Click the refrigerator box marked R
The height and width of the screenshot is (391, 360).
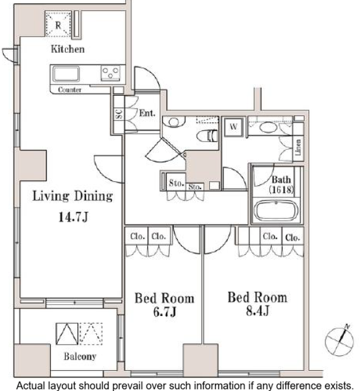tap(58, 24)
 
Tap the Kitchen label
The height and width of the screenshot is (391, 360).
tap(68, 49)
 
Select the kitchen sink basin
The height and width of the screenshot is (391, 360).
tap(66, 74)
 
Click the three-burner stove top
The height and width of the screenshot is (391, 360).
tap(111, 73)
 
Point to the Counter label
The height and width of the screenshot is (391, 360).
tap(70, 89)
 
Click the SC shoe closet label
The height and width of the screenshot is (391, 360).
tap(119, 114)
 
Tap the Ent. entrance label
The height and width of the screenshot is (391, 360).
tap(147, 113)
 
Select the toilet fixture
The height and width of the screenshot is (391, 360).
tap(207, 136)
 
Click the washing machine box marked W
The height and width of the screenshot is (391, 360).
tap(234, 127)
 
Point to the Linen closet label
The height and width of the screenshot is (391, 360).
tap(298, 147)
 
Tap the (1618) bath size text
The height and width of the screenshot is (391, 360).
tap(281, 190)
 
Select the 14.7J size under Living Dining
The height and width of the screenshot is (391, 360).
tap(74, 217)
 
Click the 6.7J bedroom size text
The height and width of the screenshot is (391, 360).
tap(165, 311)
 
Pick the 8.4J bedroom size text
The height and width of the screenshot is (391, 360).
tap(258, 311)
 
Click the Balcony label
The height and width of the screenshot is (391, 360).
tap(80, 356)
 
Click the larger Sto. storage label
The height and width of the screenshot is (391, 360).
tap(176, 183)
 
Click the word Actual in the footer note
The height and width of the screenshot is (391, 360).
tap(31, 386)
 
